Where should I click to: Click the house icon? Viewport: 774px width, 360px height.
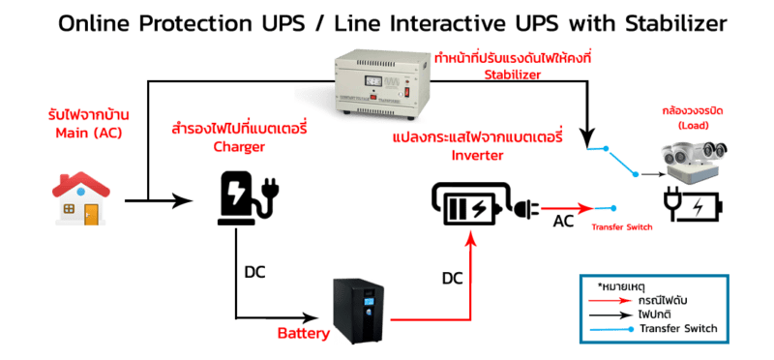[81, 198]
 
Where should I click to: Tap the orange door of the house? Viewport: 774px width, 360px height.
[90, 214]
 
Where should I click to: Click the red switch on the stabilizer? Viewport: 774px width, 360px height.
[407, 91]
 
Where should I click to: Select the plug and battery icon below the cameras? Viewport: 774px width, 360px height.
[693, 206]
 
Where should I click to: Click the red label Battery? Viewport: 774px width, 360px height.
[304, 333]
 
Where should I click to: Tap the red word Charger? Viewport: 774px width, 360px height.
[239, 147]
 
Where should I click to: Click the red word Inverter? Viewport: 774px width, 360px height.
[477, 155]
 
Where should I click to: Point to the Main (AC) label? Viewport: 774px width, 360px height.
[88, 133]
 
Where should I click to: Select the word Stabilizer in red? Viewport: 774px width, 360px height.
[512, 75]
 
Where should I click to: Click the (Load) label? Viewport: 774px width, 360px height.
[693, 126]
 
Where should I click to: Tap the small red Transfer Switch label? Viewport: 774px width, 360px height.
[622, 227]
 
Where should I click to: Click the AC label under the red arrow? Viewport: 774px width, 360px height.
[563, 222]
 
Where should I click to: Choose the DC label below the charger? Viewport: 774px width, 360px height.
[254, 272]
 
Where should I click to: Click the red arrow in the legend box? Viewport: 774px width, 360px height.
[611, 300]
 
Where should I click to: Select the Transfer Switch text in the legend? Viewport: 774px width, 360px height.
[678, 328]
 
